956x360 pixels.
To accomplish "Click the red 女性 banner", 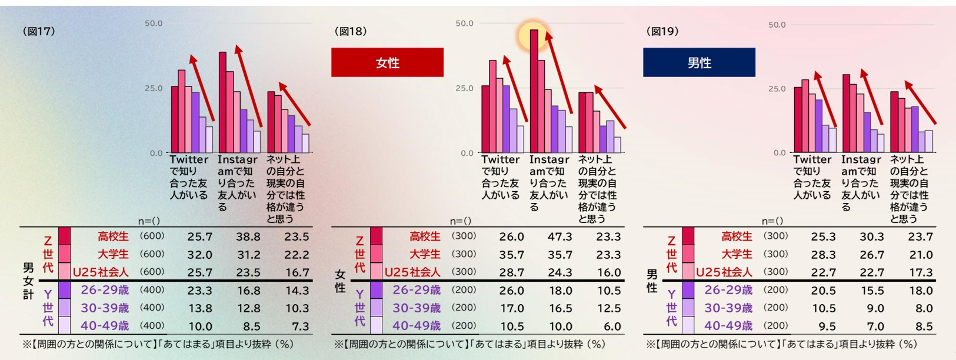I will pyautogui.click(x=387, y=62).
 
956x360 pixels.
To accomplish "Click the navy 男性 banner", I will pyautogui.click(x=699, y=62).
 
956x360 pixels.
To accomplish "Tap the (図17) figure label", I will pyautogui.click(x=39, y=31).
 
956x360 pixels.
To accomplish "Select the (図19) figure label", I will pyautogui.click(x=662, y=31).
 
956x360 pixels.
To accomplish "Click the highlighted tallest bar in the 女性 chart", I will pyautogui.click(x=534, y=88).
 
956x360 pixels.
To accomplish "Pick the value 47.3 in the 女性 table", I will pyautogui.click(x=560, y=236).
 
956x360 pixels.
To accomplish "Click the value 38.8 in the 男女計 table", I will pyautogui.click(x=248, y=236).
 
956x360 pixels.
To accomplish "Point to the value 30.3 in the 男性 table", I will pyautogui.click(x=872, y=236).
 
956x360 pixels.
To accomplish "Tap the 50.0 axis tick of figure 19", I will pyautogui.click(x=777, y=25).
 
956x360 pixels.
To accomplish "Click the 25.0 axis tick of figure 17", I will pyautogui.click(x=154, y=88).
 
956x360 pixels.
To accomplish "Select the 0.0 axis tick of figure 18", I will pyautogui.click(x=467, y=153).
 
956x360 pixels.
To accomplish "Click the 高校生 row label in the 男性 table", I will pyautogui.click(x=737, y=236).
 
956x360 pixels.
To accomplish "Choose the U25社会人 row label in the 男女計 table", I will pyautogui.click(x=101, y=272).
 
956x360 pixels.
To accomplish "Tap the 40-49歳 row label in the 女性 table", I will pyautogui.click(x=417, y=326).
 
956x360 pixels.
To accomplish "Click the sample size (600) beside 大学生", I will pyautogui.click(x=152, y=254).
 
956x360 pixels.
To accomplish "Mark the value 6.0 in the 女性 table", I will pyautogui.click(x=612, y=326).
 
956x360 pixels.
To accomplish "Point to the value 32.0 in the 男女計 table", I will pyautogui.click(x=199, y=255).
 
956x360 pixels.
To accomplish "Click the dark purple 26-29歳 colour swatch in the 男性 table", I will pyautogui.click(x=688, y=290).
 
